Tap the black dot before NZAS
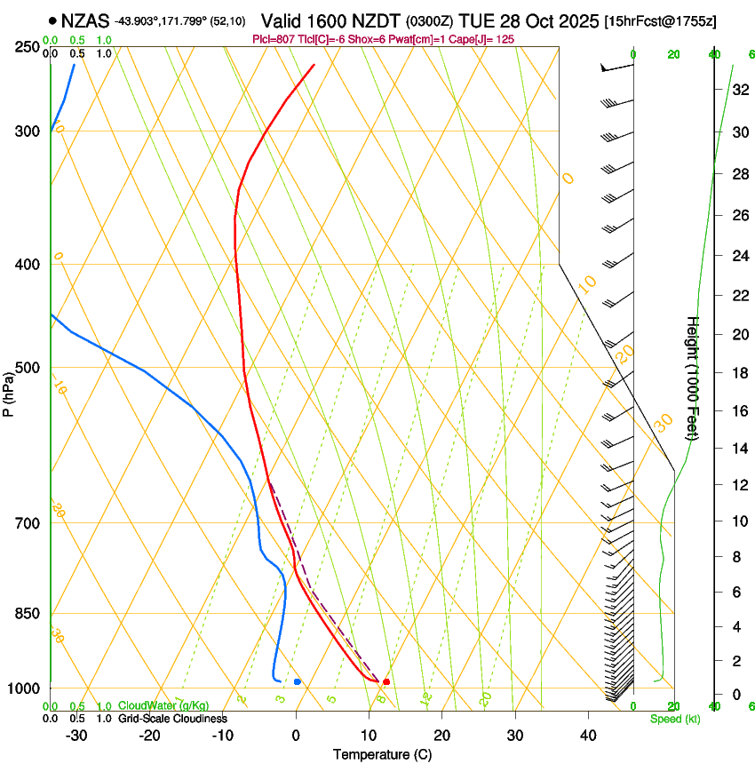pos(53,20)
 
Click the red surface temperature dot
pos(386,681)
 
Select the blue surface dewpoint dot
pos(298,681)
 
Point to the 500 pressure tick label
pos(29,368)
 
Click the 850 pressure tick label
pos(29,613)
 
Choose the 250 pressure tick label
pos(29,46)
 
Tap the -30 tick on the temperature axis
pos(76,736)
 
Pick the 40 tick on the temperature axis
pos(588,736)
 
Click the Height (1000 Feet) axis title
pos(693,378)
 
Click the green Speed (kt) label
pos(675,719)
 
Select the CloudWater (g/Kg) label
pos(163,706)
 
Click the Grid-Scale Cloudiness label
pos(172,719)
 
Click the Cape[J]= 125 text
pos(481,40)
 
